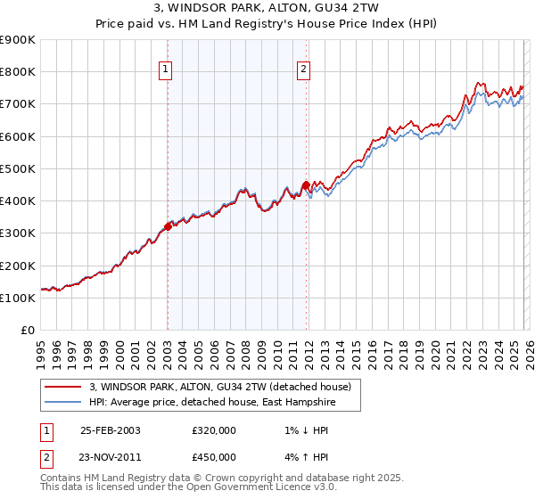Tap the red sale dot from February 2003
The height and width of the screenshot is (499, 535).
point(168,227)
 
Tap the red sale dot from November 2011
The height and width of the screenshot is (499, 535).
point(306,185)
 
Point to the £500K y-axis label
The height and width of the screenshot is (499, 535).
point(17,169)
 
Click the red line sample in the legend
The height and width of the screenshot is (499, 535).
point(62,387)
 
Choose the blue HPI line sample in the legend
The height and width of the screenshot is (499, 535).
point(62,402)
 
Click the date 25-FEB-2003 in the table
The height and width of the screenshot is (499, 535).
point(110,429)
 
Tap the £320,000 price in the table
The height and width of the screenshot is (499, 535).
point(214,429)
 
